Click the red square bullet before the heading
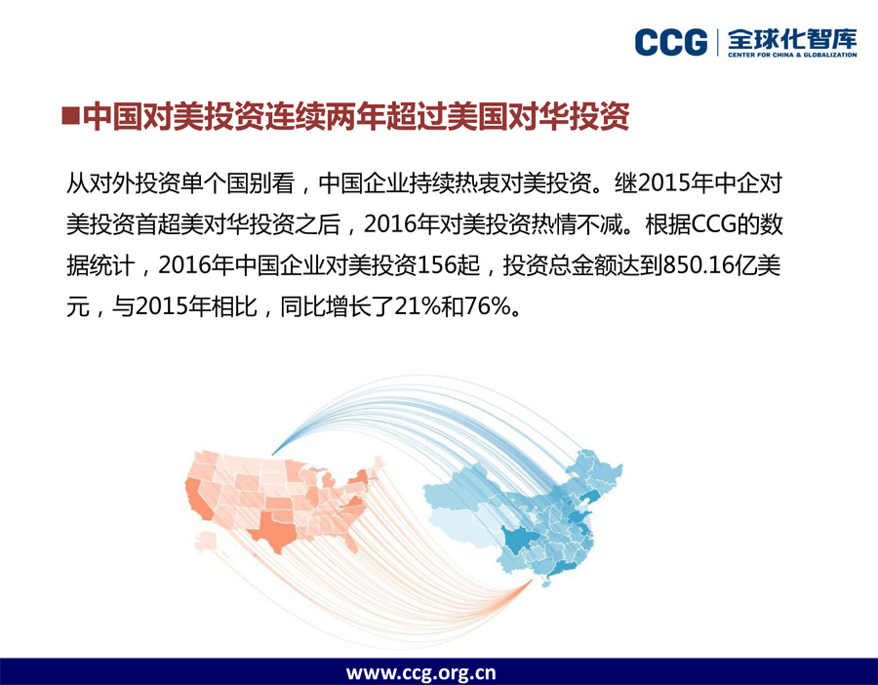point(70,116)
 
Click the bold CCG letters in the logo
point(671,43)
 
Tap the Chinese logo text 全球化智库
point(792,39)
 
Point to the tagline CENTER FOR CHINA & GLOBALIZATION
point(792,55)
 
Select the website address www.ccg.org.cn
point(420,672)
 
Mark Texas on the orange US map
point(273,529)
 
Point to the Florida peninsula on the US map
point(349,540)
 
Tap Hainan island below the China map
point(545,584)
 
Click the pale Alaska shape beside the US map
point(206,541)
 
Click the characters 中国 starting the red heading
point(113,116)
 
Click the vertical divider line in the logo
point(718,43)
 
